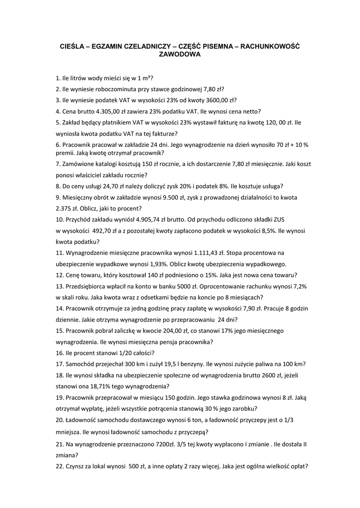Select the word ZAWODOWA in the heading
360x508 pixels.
point(179,55)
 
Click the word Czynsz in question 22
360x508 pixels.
point(76,466)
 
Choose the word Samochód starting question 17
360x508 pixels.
point(81,364)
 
